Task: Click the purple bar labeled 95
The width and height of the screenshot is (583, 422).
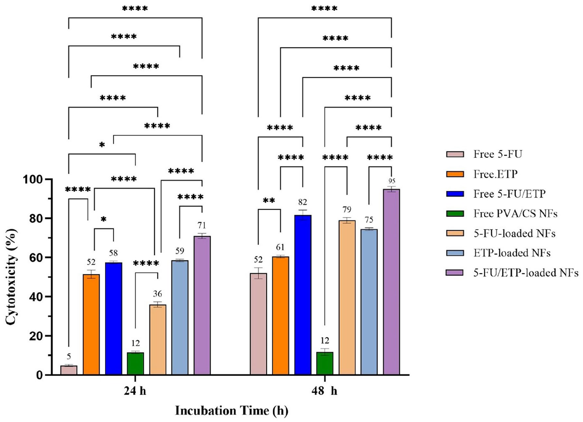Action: (x=391, y=282)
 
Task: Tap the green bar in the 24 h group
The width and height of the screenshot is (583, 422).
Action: (x=135, y=363)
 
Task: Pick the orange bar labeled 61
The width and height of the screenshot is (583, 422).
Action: (x=281, y=316)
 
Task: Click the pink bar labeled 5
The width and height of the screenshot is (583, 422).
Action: (x=69, y=370)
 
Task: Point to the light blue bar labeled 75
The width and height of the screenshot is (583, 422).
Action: (x=369, y=302)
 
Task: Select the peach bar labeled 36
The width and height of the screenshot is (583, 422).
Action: (x=158, y=340)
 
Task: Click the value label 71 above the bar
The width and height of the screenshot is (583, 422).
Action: (x=202, y=225)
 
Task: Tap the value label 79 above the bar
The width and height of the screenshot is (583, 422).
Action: (x=347, y=209)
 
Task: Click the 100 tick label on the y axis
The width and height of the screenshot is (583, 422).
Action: (x=33, y=179)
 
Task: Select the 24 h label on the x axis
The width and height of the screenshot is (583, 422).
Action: (x=135, y=391)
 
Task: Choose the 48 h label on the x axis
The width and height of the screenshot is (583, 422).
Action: (x=324, y=391)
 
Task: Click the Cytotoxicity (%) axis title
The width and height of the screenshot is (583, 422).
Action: (x=11, y=277)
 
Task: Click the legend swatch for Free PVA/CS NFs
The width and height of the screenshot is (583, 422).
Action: (x=455, y=214)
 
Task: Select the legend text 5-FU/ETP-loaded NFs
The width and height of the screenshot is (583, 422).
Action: (x=526, y=273)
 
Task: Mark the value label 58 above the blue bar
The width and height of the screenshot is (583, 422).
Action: (x=113, y=253)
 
